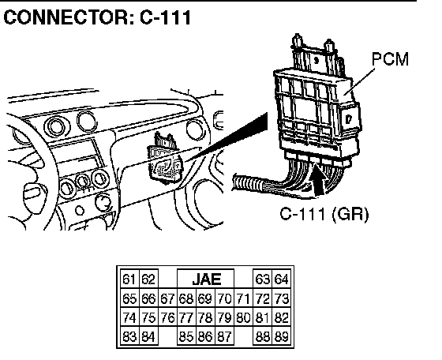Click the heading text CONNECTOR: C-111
pyautogui.click(x=97, y=17)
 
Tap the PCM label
pyautogui.click(x=390, y=59)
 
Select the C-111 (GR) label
pyautogui.click(x=324, y=214)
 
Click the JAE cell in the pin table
pyautogui.click(x=206, y=279)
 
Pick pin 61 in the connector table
pyautogui.click(x=129, y=279)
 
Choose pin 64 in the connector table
pyautogui.click(x=281, y=279)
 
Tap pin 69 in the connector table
pyautogui.click(x=205, y=298)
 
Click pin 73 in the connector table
pyautogui.click(x=281, y=298)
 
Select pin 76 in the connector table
pyautogui.click(x=167, y=317)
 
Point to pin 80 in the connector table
pyautogui.click(x=243, y=317)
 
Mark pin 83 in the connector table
pyautogui.click(x=129, y=336)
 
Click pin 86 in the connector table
pyautogui.click(x=205, y=336)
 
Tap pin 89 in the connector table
pyautogui.click(x=281, y=336)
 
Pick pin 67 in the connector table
pyautogui.click(x=167, y=298)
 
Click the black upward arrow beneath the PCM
pyautogui.click(x=319, y=181)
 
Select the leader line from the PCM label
pyautogui.click(x=360, y=81)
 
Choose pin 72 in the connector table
pyautogui.click(x=262, y=298)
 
